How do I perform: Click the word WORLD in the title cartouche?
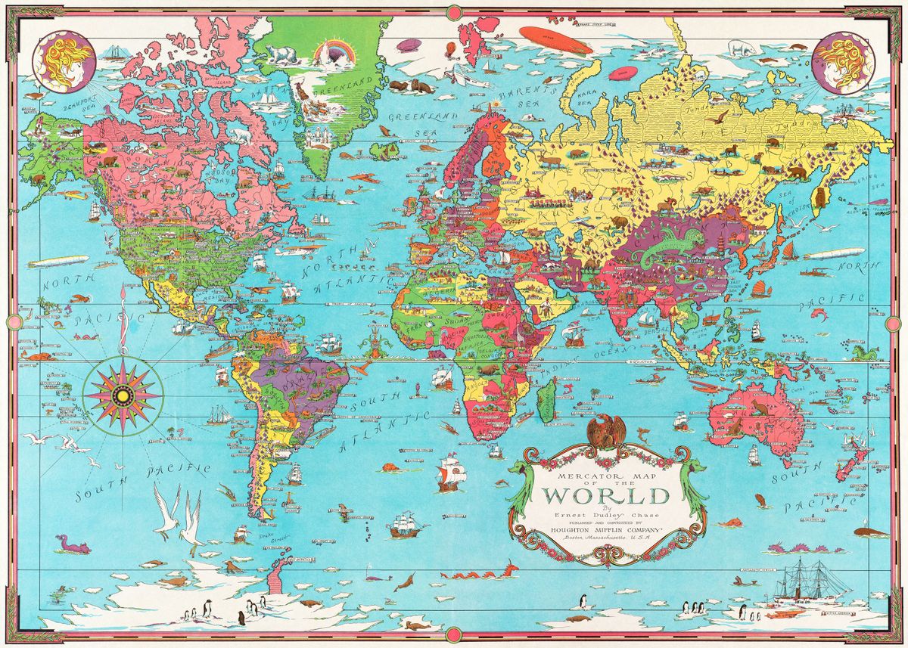pos(606,496)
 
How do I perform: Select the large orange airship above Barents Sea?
pos(546,35)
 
